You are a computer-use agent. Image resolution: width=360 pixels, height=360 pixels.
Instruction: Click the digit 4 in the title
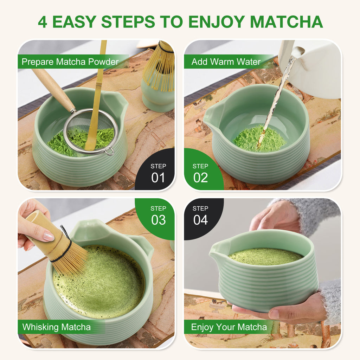point(43,22)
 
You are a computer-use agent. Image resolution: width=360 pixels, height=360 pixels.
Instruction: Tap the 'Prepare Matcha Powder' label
point(70,62)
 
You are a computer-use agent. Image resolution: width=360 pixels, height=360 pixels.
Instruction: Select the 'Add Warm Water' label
point(226,62)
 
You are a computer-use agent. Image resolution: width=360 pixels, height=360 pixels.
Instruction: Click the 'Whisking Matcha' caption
point(57,327)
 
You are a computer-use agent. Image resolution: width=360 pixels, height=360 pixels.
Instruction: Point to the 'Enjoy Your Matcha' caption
point(229,327)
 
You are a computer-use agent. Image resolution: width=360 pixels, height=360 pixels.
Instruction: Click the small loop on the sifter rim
point(109,151)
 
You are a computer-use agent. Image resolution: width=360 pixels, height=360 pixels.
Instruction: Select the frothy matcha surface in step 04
point(265,256)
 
